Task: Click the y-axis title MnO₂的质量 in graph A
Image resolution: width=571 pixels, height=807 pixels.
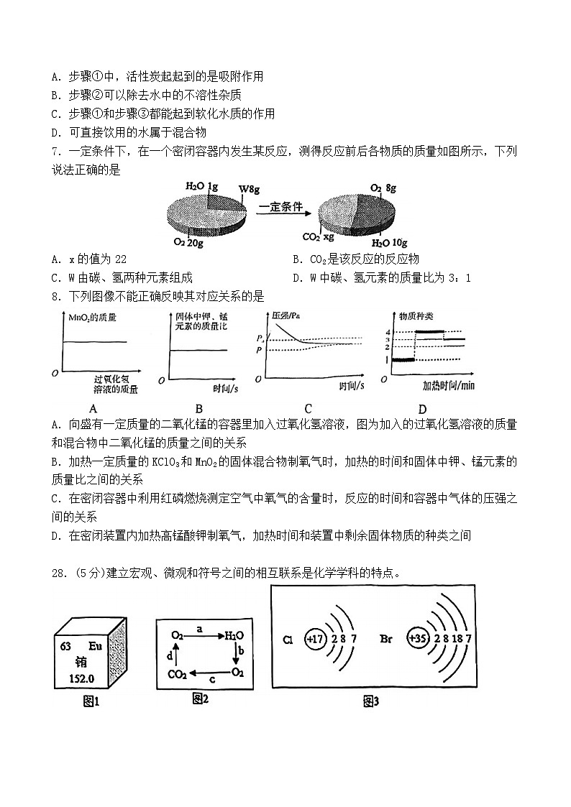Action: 92,317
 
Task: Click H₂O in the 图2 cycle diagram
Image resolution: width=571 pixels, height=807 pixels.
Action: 234,635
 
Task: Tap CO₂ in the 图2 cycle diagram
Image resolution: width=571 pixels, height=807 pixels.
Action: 178,674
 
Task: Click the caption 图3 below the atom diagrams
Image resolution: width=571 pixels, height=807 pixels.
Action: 370,701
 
